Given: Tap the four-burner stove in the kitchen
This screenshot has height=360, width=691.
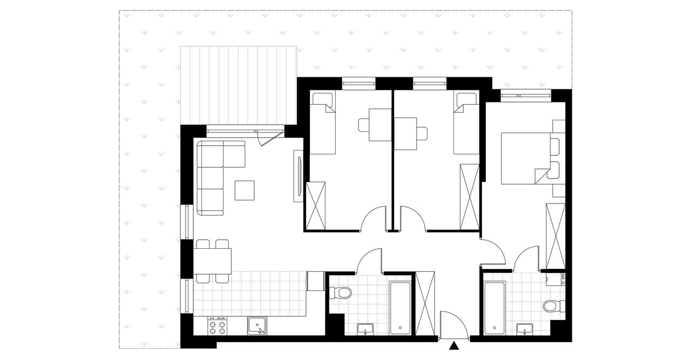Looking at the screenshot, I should tap(218, 325).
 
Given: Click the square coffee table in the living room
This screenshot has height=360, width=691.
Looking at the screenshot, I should tap(245, 190).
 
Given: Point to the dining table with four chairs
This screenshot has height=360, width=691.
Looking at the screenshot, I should tap(213, 261).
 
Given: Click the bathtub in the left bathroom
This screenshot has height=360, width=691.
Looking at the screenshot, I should tap(400, 305).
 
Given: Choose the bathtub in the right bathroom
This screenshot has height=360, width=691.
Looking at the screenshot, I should tap(494, 306).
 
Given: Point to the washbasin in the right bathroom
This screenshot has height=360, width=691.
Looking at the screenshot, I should tap(524, 329).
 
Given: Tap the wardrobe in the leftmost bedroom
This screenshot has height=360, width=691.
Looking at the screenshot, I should tap(316, 206).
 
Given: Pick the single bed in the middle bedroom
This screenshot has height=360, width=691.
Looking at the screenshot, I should tap(466, 123).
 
